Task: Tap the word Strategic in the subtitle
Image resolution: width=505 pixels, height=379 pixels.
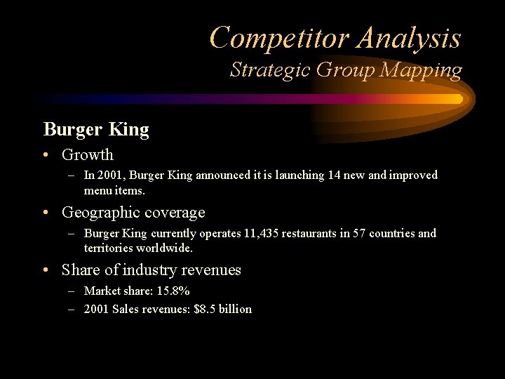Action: tap(271, 70)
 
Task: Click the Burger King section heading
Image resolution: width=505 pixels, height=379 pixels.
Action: tap(96, 129)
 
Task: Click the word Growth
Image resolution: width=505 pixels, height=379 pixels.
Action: tap(87, 154)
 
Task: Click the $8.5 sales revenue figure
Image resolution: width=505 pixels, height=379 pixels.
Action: tap(206, 309)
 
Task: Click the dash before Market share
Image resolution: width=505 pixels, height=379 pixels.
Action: tap(72, 291)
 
